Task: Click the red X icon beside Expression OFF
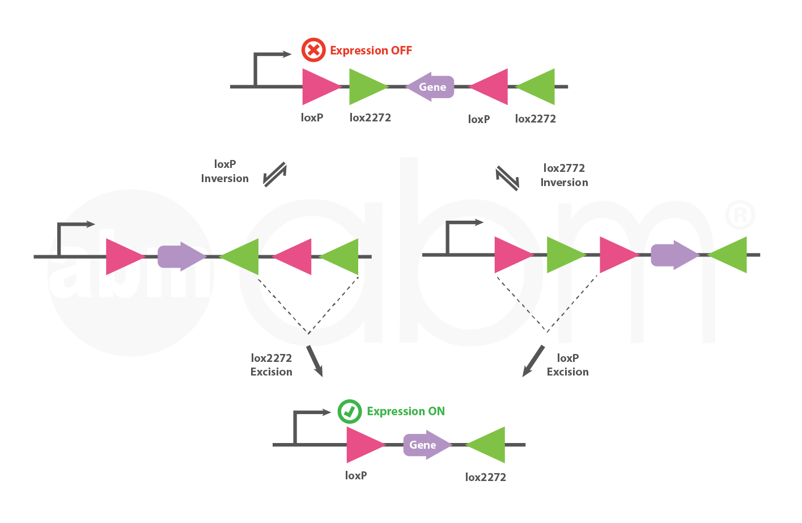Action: [x=313, y=50]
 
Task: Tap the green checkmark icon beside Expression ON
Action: [x=350, y=411]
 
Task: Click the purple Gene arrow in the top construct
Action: [x=431, y=87]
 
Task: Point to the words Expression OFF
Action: [x=371, y=50]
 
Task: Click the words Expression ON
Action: [x=406, y=411]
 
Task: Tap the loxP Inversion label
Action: [x=224, y=171]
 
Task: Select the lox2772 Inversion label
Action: [x=564, y=175]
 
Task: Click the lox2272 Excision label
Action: [x=271, y=365]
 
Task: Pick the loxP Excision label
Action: [x=567, y=365]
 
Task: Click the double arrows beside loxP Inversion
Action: [x=275, y=175]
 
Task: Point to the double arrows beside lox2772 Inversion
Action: [x=507, y=178]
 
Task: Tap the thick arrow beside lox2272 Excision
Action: [x=315, y=361]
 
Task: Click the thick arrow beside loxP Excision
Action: [x=533, y=361]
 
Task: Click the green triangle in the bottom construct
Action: [x=488, y=445]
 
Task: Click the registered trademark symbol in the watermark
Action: [x=740, y=215]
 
